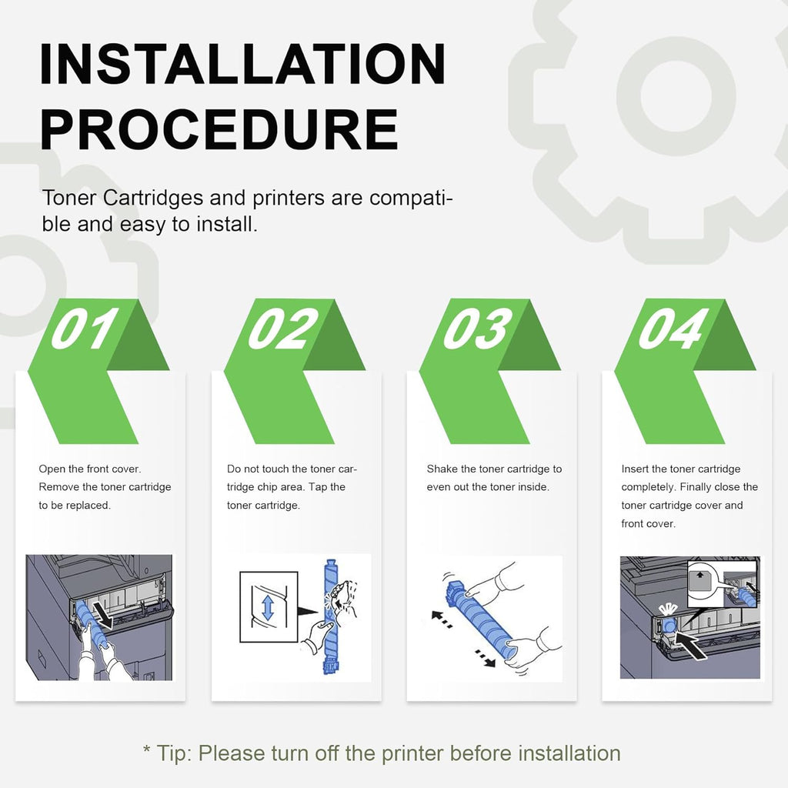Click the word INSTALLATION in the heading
[242, 64]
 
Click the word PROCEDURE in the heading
[219, 129]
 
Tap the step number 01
[85, 329]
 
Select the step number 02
[283, 329]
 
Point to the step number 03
[477, 329]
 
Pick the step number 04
[673, 329]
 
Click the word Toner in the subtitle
[68, 198]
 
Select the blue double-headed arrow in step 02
[268, 607]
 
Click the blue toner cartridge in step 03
[480, 619]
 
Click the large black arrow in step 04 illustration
[691, 645]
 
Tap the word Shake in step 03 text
[442, 469]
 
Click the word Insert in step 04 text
[635, 469]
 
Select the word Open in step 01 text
[52, 469]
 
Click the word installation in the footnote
[569, 753]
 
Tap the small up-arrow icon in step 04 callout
[700, 574]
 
